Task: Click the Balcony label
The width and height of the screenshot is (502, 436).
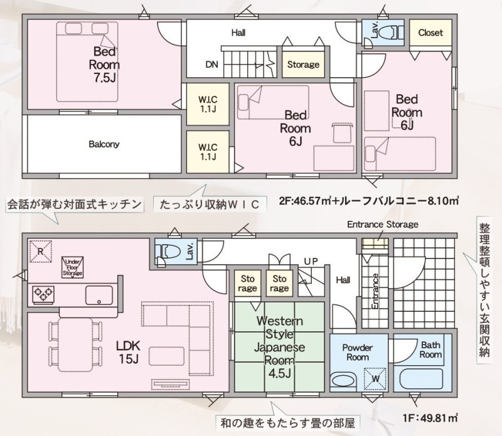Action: coord(104,144)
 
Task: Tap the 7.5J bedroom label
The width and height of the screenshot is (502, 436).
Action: coord(104,65)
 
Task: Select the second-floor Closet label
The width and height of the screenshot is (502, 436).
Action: coord(430,33)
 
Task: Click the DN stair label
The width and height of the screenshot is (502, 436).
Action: coord(211,65)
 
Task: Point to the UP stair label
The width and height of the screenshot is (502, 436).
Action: coord(311,262)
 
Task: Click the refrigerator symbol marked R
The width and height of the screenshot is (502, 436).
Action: coord(40,252)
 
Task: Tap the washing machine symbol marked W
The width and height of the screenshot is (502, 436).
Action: coord(375,379)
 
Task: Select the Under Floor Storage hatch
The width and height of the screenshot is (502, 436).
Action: coord(73,267)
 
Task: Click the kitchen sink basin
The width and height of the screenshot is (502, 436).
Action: coord(99,295)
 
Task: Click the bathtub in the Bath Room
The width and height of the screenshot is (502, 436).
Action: coord(422,380)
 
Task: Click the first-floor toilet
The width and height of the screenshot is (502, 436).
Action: coord(166,252)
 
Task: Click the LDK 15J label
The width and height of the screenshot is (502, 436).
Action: coord(128,352)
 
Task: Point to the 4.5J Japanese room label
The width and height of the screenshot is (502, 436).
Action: coord(279,347)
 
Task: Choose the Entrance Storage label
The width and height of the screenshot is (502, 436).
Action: coord(383,225)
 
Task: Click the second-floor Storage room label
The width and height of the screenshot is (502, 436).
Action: coord(303,65)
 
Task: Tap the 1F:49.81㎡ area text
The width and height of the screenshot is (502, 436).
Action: coord(430,418)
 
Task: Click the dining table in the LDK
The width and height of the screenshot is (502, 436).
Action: coord(76,344)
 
